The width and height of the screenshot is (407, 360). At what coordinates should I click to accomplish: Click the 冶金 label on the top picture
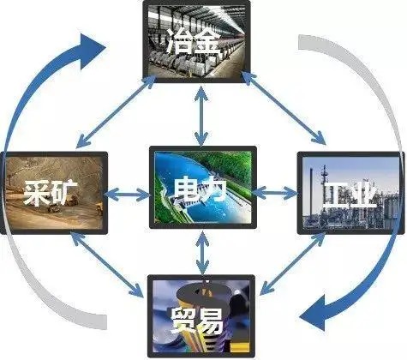(x=195, y=42)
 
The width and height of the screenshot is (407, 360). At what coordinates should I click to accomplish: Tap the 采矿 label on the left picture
(x=51, y=192)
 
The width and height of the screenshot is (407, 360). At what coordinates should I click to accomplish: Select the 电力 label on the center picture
(x=201, y=189)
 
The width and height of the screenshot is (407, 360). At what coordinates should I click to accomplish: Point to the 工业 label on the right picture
(x=350, y=195)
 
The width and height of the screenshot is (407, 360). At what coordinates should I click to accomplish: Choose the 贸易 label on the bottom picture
(x=197, y=321)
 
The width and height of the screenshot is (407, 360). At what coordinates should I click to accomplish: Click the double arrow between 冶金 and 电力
(x=201, y=115)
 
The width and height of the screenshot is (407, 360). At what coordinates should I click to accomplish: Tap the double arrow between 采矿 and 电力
(x=127, y=195)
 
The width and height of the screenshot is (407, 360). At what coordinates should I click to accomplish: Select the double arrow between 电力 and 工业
(x=275, y=194)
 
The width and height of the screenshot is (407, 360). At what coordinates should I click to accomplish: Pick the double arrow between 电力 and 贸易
(x=202, y=253)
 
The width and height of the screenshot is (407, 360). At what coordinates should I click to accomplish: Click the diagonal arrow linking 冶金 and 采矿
(x=117, y=111)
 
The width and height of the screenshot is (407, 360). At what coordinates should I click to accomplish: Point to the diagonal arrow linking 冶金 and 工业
(x=284, y=107)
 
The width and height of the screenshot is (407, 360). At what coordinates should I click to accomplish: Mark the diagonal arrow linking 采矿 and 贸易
(x=107, y=264)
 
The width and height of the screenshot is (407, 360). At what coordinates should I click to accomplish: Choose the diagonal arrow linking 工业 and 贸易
(x=293, y=263)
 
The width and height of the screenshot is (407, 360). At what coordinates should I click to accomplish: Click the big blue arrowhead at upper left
(x=91, y=51)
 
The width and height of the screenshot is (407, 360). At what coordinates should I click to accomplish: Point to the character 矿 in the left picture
(x=65, y=192)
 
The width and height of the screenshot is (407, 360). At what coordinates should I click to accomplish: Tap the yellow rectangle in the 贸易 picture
(x=240, y=347)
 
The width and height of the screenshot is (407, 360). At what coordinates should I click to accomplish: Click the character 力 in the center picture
(x=215, y=189)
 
